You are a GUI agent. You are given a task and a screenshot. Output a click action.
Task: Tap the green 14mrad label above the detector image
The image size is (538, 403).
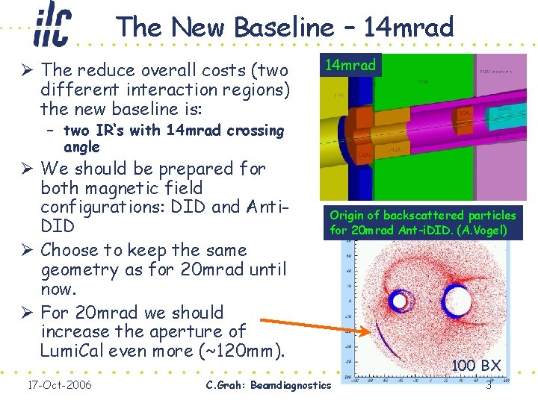pyautogui.click(x=352, y=65)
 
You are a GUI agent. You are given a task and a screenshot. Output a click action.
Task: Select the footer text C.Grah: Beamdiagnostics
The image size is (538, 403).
pyautogui.click(x=266, y=385)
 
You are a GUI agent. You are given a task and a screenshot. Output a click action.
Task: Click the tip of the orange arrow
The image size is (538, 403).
pyautogui.click(x=368, y=333)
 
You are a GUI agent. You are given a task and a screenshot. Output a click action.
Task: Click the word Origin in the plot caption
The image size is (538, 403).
pyautogui.click(x=348, y=215)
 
